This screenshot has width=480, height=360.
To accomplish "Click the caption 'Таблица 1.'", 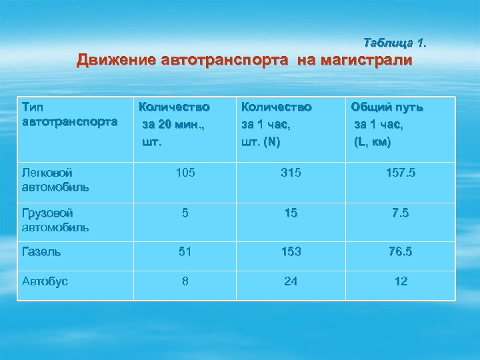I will click(x=395, y=43).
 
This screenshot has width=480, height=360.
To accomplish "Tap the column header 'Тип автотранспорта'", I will click(x=69, y=114).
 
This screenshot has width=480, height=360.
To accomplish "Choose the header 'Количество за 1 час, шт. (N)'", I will click(x=276, y=124).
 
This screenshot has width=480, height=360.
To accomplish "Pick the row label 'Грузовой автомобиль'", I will click(x=55, y=220).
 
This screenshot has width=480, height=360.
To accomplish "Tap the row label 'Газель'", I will click(x=41, y=252).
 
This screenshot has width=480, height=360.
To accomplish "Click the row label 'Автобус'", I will click(x=45, y=281).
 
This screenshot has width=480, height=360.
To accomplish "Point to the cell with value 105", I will click(x=185, y=173).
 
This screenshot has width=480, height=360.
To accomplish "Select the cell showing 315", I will click(x=291, y=173).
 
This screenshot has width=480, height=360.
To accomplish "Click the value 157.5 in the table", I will click(x=401, y=173).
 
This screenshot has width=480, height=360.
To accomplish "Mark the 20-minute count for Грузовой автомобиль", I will click(x=185, y=214).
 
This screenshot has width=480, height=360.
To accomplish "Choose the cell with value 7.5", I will click(x=401, y=214).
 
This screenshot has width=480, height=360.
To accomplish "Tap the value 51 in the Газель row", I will click(x=185, y=252).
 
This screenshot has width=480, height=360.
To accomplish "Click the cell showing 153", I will click(x=291, y=252).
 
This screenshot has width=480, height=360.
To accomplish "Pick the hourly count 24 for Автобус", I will click(x=291, y=281).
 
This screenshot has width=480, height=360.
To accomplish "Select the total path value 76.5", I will click(x=401, y=252).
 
